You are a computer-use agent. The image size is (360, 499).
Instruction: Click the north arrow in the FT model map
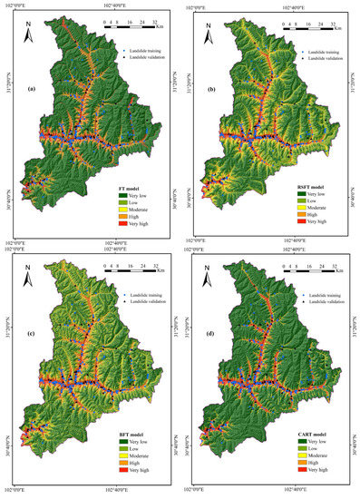coord(28,34)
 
